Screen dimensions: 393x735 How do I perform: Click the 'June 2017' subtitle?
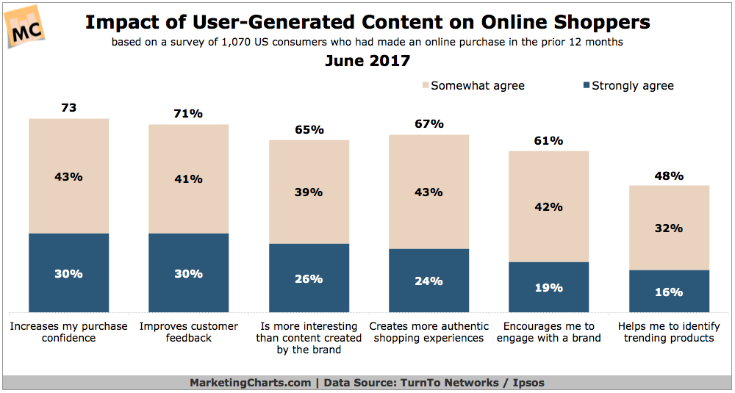pyautogui.click(x=367, y=61)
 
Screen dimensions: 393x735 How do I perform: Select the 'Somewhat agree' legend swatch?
pyautogui.click(x=423, y=86)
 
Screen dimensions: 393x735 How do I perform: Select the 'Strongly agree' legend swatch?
pyautogui.click(x=586, y=86)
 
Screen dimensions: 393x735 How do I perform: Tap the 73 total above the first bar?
pyautogui.click(x=69, y=108)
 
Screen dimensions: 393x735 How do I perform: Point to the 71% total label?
pyautogui.click(x=189, y=114)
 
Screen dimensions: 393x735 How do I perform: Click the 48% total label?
pyautogui.click(x=669, y=176)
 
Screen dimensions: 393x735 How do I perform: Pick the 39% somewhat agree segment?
pyautogui.click(x=309, y=192)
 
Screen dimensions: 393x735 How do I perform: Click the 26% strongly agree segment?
pyautogui.click(x=309, y=278)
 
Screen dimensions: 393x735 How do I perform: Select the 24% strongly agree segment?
pyautogui.click(x=429, y=281)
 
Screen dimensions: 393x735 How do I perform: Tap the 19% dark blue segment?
pyautogui.click(x=549, y=287)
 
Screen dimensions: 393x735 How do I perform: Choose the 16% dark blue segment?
pyautogui.click(x=669, y=292)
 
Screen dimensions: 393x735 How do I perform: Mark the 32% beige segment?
pyautogui.click(x=669, y=228)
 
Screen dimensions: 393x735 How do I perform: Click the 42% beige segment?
pyautogui.click(x=549, y=206)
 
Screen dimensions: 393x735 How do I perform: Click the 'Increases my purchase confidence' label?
pyautogui.click(x=68, y=332)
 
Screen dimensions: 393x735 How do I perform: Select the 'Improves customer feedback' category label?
pyautogui.click(x=189, y=332)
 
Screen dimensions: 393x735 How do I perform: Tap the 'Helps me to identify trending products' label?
pyautogui.click(x=669, y=332)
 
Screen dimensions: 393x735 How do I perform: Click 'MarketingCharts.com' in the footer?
pyautogui.click(x=249, y=383)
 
